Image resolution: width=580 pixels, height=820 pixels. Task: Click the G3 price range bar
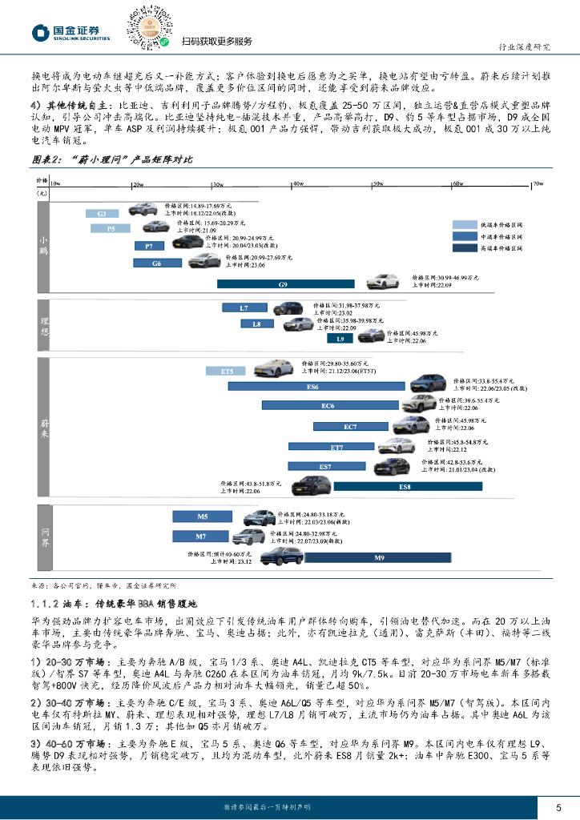[102, 214]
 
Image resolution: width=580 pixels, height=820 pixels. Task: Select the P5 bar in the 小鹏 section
[111, 229]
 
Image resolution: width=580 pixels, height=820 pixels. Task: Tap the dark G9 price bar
[283, 284]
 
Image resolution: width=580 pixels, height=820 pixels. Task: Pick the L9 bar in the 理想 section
[340, 340]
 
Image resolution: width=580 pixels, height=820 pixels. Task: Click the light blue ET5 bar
[227, 372]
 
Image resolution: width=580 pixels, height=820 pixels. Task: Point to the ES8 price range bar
[404, 486]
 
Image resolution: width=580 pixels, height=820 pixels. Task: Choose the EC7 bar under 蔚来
[351, 427]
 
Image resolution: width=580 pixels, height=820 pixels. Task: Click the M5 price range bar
[203, 517]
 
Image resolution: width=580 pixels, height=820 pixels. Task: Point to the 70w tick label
[538, 183]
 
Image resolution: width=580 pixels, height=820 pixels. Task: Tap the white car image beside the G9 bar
[382, 281]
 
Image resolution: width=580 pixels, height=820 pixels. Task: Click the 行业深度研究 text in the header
[524, 46]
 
